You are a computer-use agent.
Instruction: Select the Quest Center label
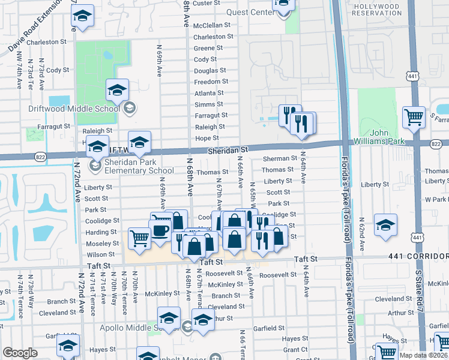point(250,12)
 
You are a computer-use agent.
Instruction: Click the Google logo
point(20,353)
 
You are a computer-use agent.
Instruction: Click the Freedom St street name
point(211,82)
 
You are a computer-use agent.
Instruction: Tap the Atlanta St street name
point(209,93)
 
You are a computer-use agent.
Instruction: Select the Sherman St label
point(280,159)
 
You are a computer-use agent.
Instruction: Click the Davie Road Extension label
point(35,25)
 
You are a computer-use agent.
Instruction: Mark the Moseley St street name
point(102,244)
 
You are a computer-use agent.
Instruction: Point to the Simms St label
point(209,104)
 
